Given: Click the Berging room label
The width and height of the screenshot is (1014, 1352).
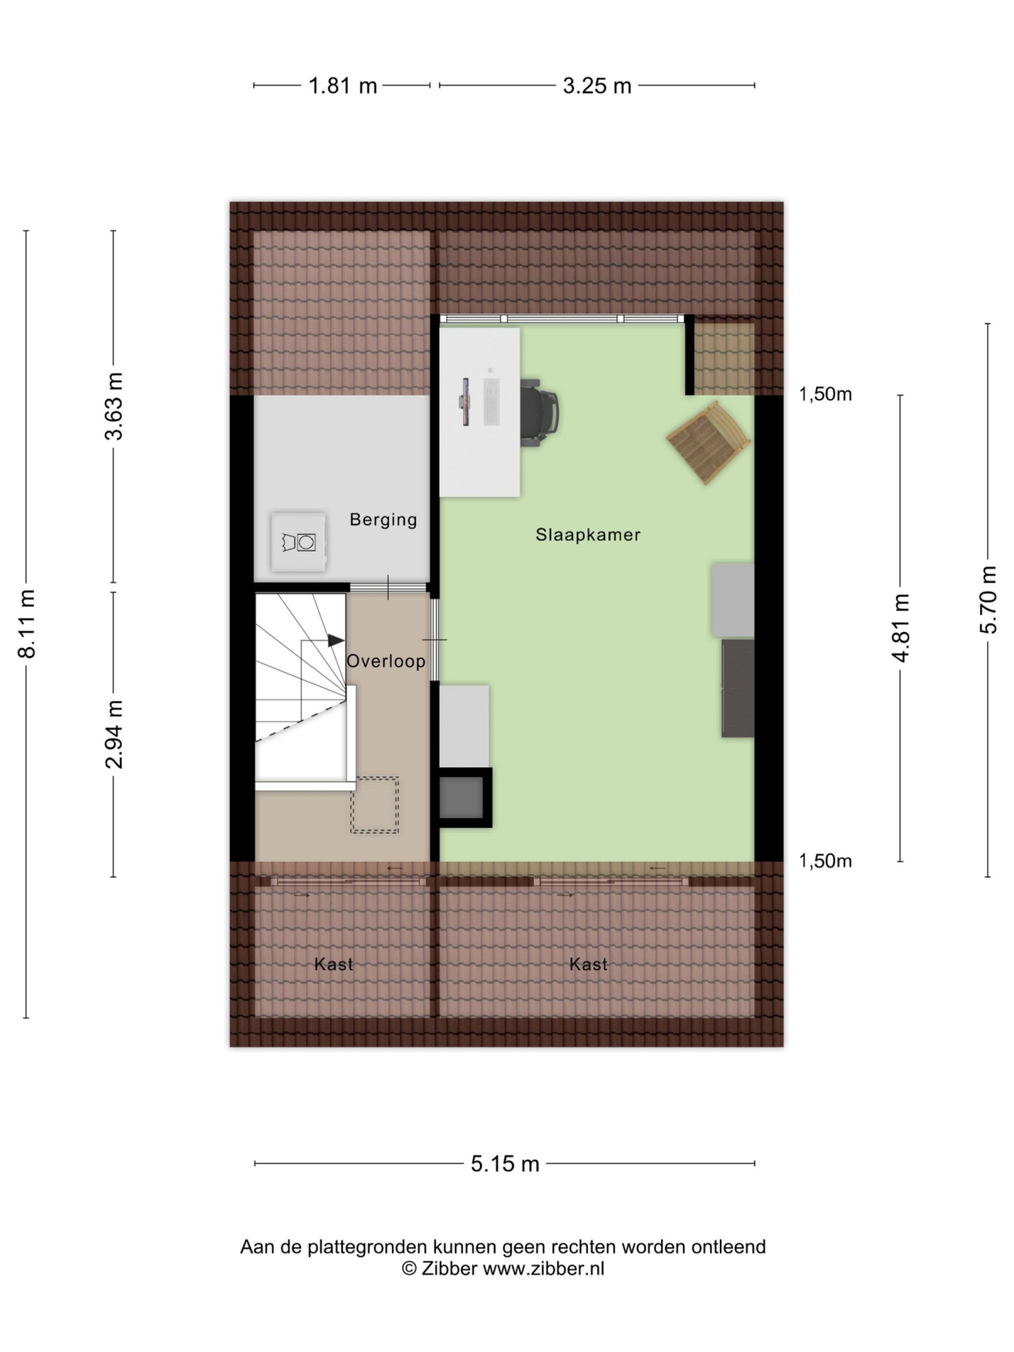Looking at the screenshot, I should coord(383,520).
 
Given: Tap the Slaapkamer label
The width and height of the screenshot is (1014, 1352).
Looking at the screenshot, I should coord(588,535).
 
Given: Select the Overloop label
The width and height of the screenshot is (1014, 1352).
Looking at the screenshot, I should coord(386,661).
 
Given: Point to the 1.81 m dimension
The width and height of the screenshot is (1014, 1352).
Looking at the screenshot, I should coord(342,86).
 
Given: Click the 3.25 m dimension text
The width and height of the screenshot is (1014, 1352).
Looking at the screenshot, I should coord(597,86).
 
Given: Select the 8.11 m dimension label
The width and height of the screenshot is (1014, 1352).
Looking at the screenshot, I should coord(27,624).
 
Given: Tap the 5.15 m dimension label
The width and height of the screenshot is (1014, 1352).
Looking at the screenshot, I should coord(505,1163).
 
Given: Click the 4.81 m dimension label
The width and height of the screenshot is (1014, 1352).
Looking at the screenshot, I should coord(901,628).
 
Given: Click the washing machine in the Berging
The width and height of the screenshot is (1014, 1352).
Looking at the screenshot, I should coord(298,542).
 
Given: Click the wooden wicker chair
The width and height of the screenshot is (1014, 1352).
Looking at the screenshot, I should coord(709,442).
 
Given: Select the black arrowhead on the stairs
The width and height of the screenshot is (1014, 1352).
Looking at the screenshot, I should coord(335,640).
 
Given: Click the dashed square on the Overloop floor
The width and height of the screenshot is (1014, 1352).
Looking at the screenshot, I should coord(374,804).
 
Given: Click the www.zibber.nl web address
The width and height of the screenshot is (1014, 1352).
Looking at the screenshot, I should coord(543,1268).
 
